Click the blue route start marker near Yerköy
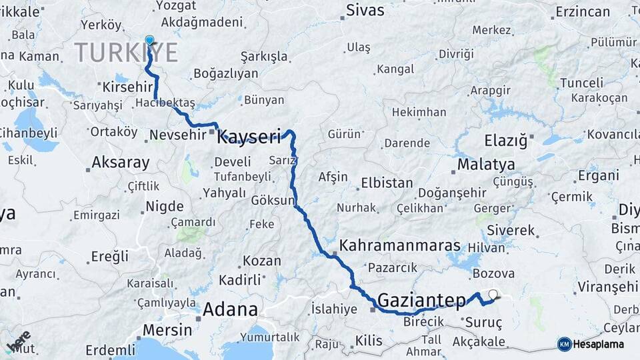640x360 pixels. (149, 41)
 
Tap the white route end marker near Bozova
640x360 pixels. (493, 294)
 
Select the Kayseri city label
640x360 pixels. (249, 137)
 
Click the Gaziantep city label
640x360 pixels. (421, 301)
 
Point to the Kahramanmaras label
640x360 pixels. (399, 245)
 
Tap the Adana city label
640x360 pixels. (229, 309)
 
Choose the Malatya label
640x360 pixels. (486, 164)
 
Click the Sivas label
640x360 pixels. (365, 11)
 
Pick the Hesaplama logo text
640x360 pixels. (598, 344)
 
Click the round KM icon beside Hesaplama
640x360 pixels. (564, 344)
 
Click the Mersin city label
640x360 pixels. (167, 330)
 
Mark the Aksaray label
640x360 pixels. (120, 162)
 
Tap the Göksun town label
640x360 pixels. (273, 200)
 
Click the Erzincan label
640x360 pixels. (583, 12)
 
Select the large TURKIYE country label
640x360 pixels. (126, 52)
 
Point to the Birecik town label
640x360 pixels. (423, 322)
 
